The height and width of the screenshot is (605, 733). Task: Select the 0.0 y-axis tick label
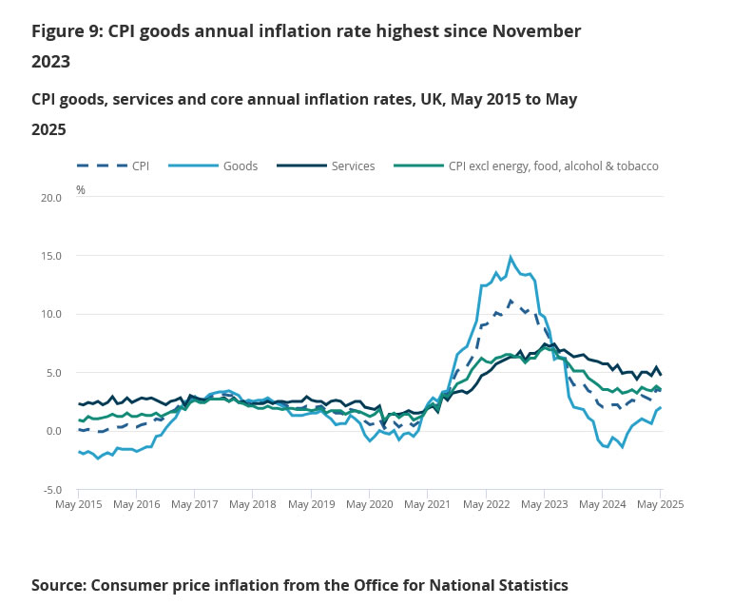coord(54,431)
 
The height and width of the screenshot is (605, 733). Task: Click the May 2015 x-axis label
coord(79,504)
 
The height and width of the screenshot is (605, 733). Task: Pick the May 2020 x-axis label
coord(370,504)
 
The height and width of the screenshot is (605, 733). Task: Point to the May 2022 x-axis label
coord(486,504)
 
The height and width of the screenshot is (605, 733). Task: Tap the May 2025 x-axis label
coord(660,504)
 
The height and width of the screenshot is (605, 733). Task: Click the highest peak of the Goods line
coord(511,256)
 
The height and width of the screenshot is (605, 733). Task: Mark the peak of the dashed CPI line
coord(511,301)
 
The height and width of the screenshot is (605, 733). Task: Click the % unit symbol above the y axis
coord(81,190)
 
